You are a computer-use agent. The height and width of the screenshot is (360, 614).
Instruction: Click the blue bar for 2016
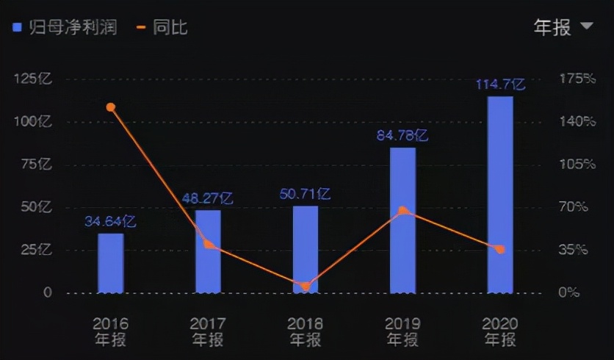click(x=111, y=263)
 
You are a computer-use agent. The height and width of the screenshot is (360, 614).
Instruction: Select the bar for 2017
click(x=208, y=251)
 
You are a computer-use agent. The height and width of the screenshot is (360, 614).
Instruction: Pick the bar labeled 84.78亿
click(x=402, y=220)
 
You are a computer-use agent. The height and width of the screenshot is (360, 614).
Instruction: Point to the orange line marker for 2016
click(x=111, y=107)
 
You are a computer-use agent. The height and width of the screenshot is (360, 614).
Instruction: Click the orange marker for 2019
click(x=402, y=211)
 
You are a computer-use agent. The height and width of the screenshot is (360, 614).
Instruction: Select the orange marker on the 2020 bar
click(x=500, y=250)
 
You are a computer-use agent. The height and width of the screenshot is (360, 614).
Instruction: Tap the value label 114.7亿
click(x=500, y=84)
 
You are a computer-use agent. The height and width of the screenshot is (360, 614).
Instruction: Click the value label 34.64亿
click(x=110, y=221)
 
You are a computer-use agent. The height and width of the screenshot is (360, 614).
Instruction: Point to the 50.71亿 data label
click(x=305, y=195)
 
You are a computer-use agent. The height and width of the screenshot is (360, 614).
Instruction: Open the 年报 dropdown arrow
click(x=586, y=26)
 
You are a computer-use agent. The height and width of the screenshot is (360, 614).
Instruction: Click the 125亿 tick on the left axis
click(x=32, y=79)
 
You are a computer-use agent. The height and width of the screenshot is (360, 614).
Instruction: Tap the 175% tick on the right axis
click(x=577, y=79)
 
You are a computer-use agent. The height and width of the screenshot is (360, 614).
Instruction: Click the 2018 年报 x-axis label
click(x=306, y=331)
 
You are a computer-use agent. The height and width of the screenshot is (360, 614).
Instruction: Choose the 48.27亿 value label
click(x=208, y=198)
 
